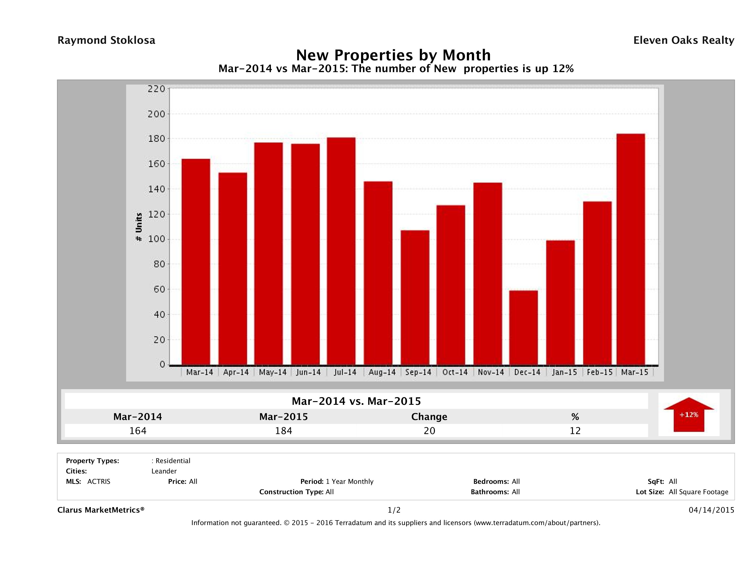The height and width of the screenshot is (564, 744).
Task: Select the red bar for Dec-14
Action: point(523,328)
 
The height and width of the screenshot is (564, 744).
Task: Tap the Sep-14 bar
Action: point(415,297)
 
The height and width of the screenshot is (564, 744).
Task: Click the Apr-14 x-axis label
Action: point(236,372)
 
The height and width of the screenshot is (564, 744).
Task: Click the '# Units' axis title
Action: point(139,227)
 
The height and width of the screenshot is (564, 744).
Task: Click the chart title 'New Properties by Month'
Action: point(393,55)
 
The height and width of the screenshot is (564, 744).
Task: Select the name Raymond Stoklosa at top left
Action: point(106,40)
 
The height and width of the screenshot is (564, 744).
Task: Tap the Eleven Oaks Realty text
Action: point(683,40)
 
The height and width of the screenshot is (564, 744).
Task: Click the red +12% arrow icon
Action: point(688,414)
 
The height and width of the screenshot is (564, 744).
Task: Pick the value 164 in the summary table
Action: point(138,431)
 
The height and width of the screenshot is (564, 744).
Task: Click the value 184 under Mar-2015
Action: point(284,431)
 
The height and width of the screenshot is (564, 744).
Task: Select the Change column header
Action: point(429,417)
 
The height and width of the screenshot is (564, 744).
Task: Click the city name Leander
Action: point(164,471)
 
